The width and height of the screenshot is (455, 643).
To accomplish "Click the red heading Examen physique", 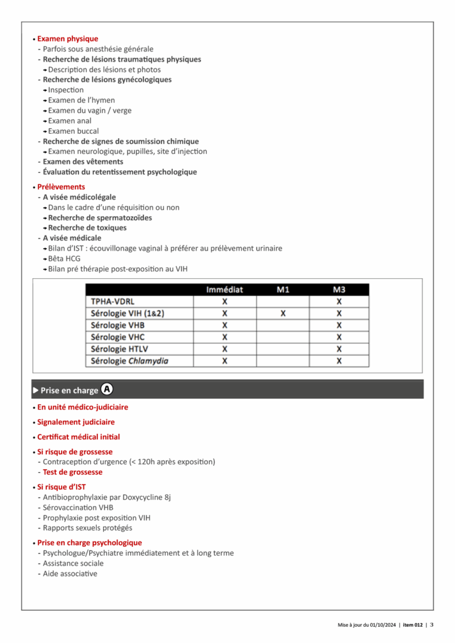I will click(67, 39).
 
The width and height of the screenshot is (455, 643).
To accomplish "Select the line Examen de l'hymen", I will click(81, 100).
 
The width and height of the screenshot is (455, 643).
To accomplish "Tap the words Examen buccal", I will click(73, 131).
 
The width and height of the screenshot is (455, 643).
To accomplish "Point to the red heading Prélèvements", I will click(61, 187).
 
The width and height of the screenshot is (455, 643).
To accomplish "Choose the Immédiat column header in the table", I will click(224, 290).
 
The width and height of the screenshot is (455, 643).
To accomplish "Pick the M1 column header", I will click(283, 290).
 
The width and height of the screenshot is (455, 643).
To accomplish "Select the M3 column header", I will click(339, 290).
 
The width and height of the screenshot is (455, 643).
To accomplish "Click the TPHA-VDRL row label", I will click(112, 301).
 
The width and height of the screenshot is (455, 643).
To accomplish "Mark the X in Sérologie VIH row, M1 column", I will click(283, 313).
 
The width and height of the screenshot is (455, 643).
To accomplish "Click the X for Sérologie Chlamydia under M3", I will click(339, 361).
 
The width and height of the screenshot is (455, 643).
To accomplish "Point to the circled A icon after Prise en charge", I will click(107, 389).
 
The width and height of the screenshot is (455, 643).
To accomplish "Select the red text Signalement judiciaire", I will click(76, 423).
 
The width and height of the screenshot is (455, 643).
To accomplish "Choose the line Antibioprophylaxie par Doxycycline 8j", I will click(107, 497).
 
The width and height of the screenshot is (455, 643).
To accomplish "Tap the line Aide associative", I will click(70, 574).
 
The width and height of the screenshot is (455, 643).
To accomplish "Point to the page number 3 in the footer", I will click(432, 625).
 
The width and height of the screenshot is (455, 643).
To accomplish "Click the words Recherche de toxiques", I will click(87, 228).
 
